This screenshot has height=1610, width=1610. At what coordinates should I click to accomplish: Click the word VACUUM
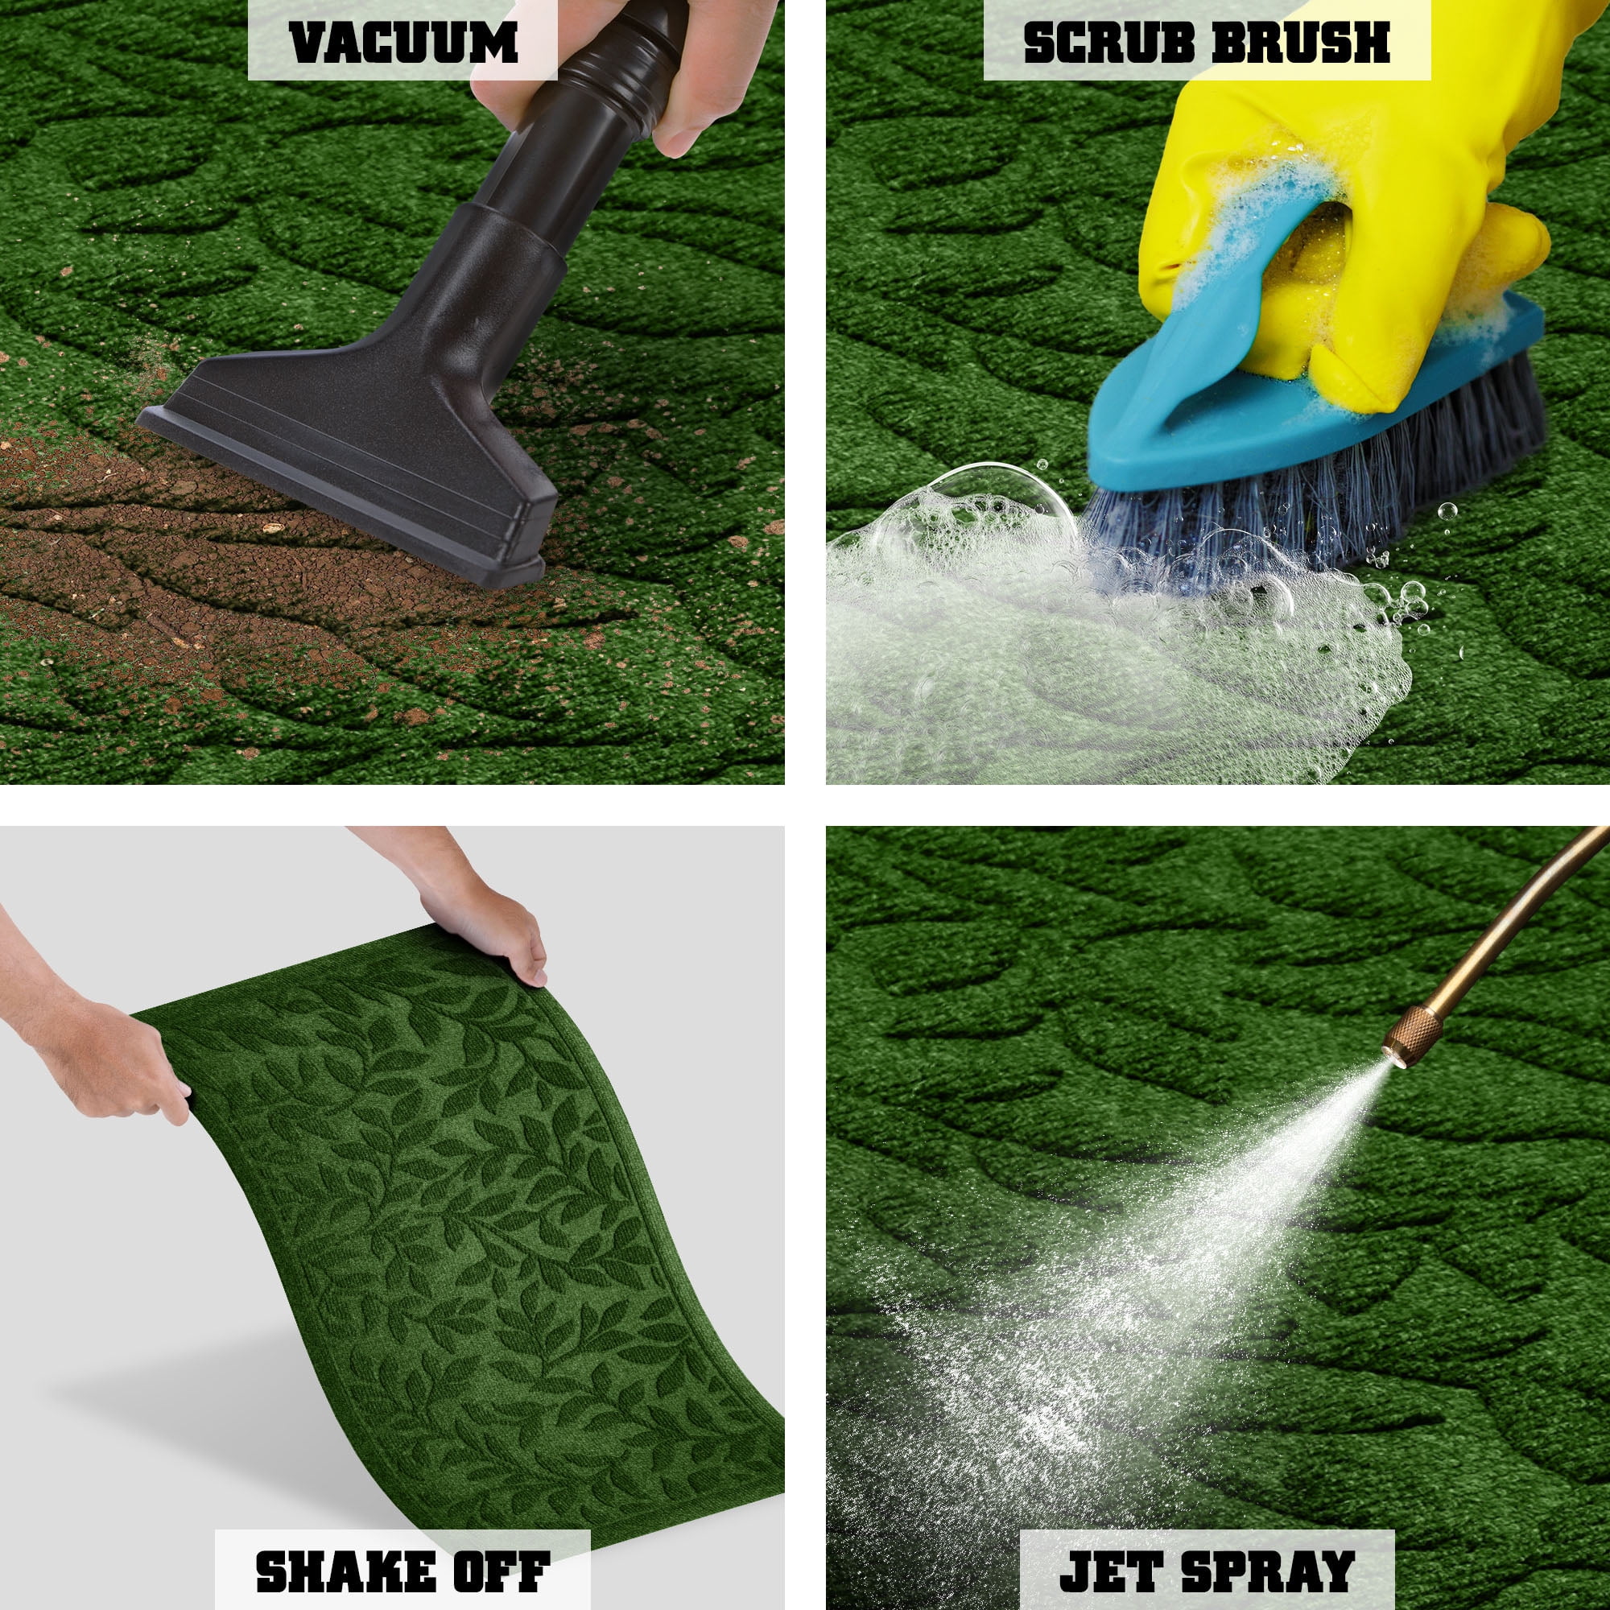pos(403,41)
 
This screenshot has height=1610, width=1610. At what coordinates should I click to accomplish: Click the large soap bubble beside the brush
pos(992,508)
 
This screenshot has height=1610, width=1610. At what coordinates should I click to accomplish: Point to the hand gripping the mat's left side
pos(100,1059)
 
